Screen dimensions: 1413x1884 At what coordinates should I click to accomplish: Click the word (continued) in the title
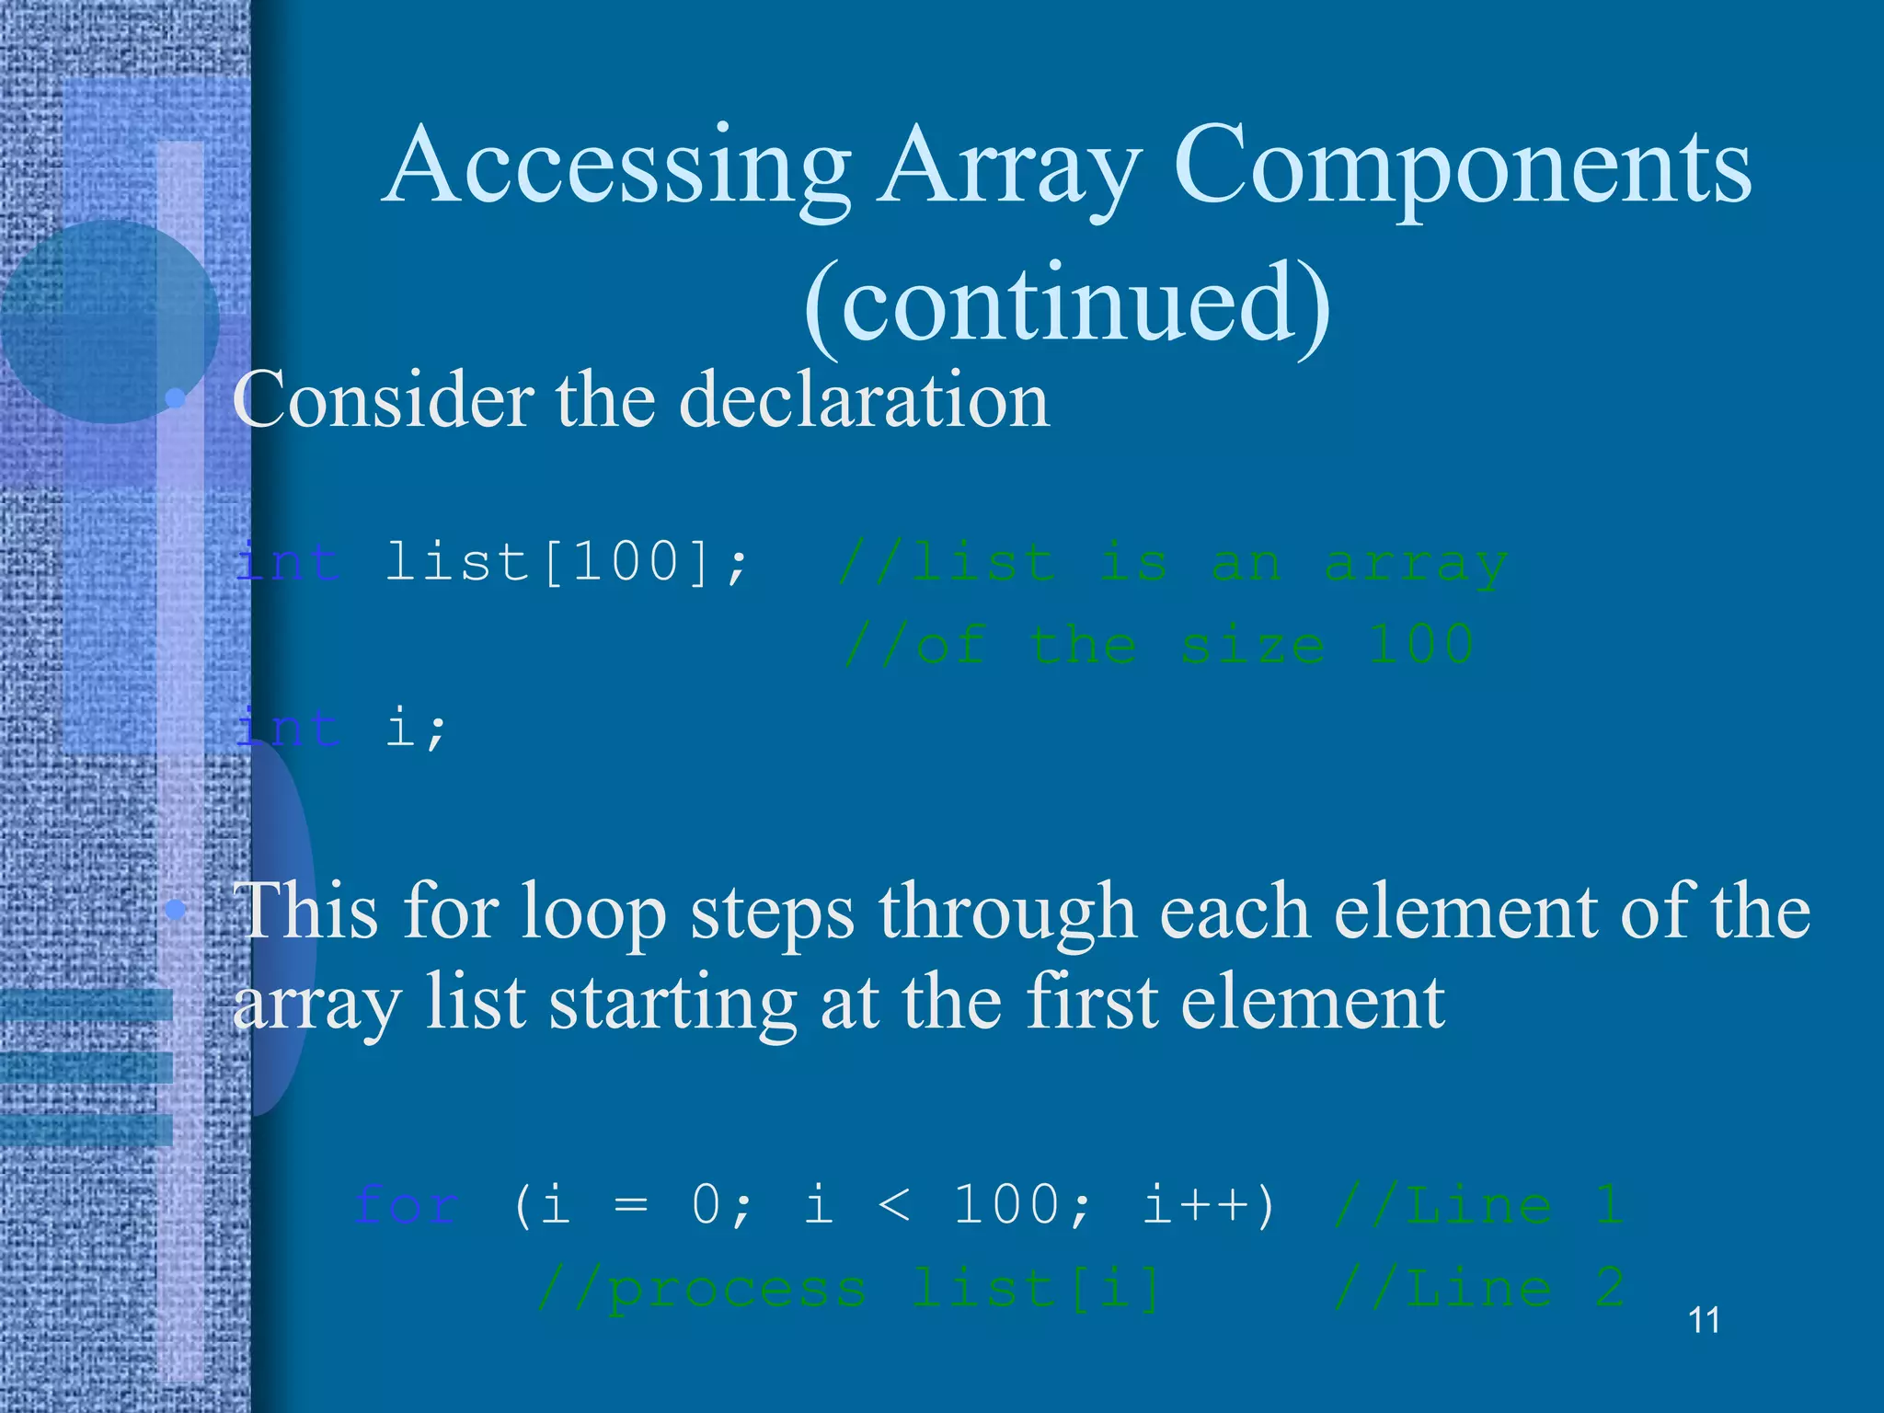tap(1067, 304)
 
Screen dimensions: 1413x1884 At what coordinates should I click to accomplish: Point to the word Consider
tap(383, 400)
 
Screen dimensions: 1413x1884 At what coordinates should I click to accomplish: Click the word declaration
tap(864, 400)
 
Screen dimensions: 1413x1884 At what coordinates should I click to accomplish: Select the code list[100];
tap(567, 562)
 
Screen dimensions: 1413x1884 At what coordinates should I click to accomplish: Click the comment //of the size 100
tap(1159, 644)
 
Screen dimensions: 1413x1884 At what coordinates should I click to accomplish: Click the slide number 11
tap(1704, 1321)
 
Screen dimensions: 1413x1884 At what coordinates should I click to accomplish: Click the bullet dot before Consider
tap(175, 399)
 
